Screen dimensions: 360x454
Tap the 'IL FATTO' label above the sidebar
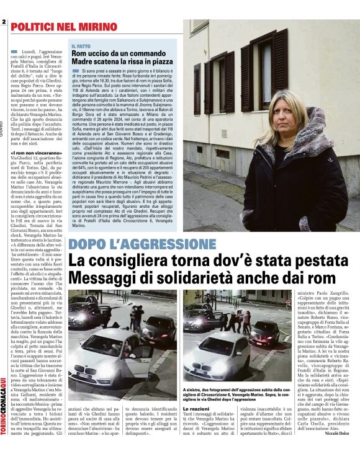point(81,47)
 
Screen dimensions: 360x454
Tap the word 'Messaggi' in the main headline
point(104,278)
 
